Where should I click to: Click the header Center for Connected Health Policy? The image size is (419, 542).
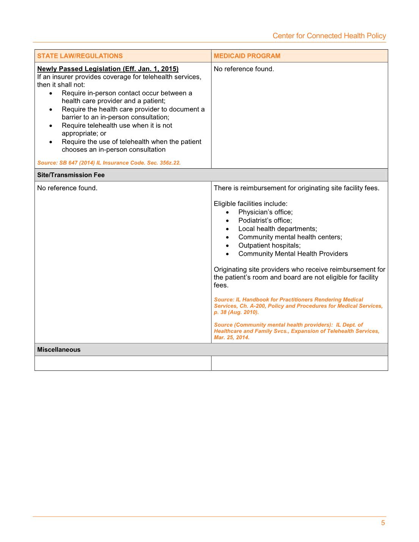click(x=329, y=36)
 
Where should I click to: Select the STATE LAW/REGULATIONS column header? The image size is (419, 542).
click(x=80, y=56)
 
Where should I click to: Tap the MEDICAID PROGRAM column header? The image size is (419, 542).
click(x=247, y=56)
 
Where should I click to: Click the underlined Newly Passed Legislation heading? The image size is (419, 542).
click(x=108, y=69)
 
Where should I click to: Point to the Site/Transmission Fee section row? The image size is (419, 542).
click(x=71, y=175)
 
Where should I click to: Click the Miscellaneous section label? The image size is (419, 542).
click(x=59, y=349)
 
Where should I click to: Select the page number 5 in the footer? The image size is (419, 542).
click(x=383, y=523)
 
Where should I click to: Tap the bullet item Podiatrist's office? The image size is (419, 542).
click(x=265, y=220)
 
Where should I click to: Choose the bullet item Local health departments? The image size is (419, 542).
click(x=278, y=229)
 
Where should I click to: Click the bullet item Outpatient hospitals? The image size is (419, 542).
click(x=269, y=245)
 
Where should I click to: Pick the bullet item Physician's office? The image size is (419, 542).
click(x=265, y=212)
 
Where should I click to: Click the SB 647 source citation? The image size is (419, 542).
click(x=109, y=163)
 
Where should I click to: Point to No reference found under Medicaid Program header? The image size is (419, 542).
click(x=243, y=69)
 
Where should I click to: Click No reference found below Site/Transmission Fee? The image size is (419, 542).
click(x=67, y=188)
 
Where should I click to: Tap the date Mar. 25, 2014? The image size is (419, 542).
click(x=232, y=337)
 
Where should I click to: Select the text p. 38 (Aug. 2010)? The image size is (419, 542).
click(x=236, y=312)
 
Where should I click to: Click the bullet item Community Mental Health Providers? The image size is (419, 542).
click(x=293, y=254)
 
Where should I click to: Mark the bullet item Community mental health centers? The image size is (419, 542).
click(x=290, y=237)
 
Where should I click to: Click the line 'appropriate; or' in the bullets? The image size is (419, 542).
click(x=84, y=133)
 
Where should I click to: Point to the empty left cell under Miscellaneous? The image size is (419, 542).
click(x=123, y=363)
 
